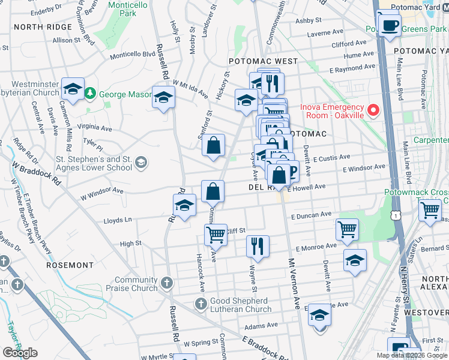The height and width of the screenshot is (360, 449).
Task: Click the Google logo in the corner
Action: pyautogui.click(x=20, y=353)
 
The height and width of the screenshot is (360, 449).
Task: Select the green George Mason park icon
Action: pyautogui.click(x=90, y=94)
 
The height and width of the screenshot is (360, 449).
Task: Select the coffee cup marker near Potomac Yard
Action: pyautogui.click(x=390, y=25)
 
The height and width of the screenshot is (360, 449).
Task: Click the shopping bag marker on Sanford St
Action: pyautogui.click(x=213, y=145)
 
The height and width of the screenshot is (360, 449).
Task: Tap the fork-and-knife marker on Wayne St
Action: pyautogui.click(x=258, y=245)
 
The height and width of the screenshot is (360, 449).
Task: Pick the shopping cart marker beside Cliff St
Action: pyautogui.click(x=215, y=235)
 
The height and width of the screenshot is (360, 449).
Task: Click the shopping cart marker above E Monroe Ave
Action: pyautogui.click(x=347, y=229)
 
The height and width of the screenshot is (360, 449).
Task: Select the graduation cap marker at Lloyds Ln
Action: pyautogui.click(x=185, y=206)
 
